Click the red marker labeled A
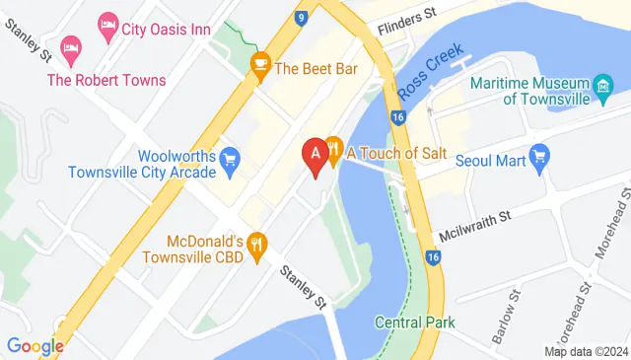click(x=315, y=156)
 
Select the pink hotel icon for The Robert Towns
click(x=69, y=46)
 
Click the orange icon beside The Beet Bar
click(x=260, y=68)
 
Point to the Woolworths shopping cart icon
click(x=231, y=158)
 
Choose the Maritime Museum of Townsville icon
click(x=601, y=92)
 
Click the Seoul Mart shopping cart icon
click(x=538, y=157)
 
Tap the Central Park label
click(x=414, y=323)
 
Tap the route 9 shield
click(x=300, y=17)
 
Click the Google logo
click(x=35, y=346)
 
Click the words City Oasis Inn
click(x=168, y=29)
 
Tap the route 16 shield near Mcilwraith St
click(x=432, y=258)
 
